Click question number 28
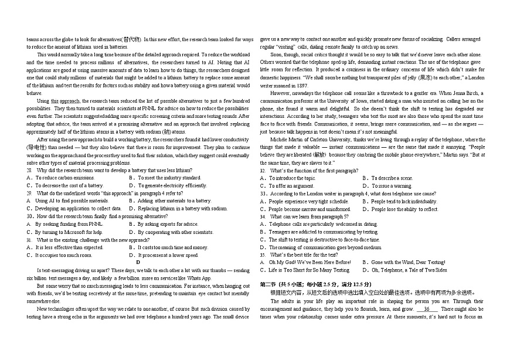(29, 170)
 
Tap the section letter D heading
(138, 263)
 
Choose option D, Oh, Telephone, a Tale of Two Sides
(405, 270)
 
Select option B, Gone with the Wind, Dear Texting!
(404, 263)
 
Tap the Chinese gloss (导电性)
(38, 147)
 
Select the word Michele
(279, 140)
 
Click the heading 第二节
(269, 284)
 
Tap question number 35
(263, 255)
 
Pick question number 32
(263, 170)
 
